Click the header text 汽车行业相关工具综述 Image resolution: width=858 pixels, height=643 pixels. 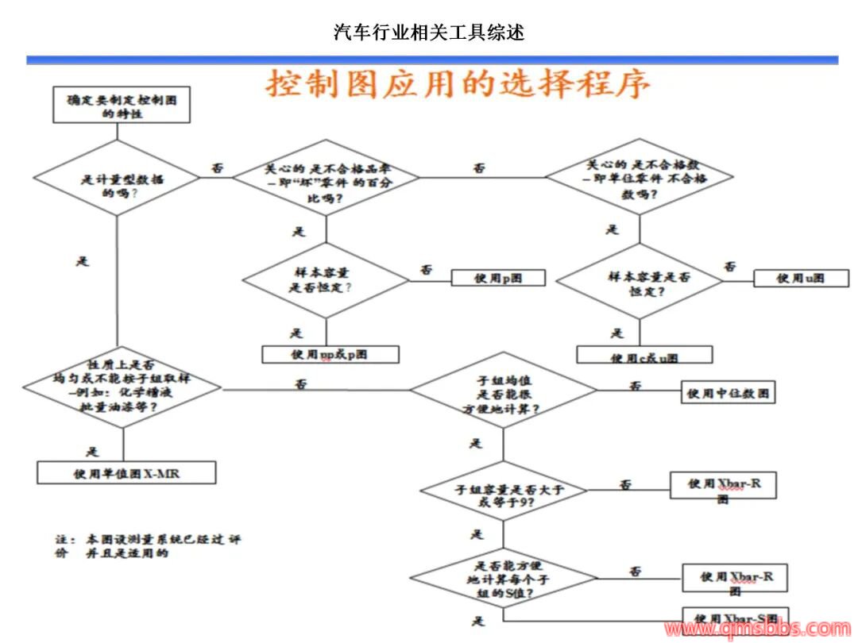429,33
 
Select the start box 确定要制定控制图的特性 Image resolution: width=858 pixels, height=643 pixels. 122,106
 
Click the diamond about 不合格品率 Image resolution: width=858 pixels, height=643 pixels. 327,177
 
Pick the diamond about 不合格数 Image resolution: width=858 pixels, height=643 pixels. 640,175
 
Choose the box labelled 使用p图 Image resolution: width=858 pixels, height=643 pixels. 498,278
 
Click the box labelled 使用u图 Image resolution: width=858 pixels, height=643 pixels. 801,279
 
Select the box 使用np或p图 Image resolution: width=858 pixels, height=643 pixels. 330,354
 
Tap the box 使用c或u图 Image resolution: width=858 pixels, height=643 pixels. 644,356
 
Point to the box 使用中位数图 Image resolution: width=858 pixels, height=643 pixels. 729,392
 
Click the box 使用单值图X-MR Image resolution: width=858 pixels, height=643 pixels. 127,474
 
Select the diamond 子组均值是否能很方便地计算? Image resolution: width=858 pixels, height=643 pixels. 502,391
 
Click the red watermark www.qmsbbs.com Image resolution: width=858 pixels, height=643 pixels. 756,630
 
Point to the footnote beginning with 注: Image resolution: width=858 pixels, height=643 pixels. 148,545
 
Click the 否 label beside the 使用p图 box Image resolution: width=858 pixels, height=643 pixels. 426,269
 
